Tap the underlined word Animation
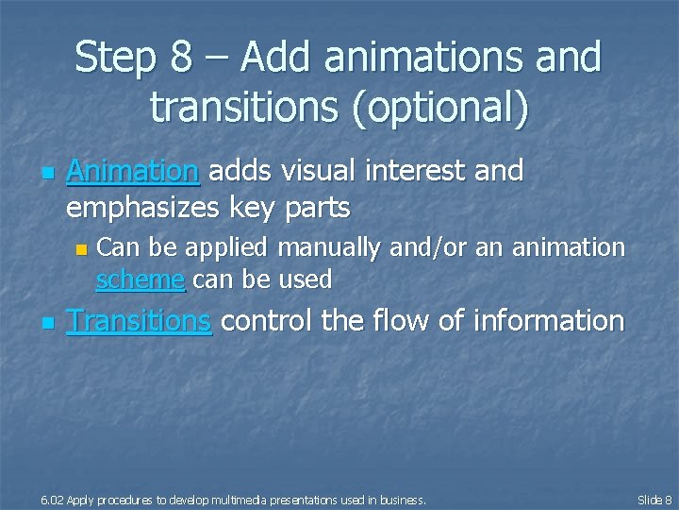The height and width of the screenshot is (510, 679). (132, 171)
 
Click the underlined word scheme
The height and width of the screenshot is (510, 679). (140, 280)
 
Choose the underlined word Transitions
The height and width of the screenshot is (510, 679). (139, 321)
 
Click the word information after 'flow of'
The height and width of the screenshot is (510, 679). (548, 321)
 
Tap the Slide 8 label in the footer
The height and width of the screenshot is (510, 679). (654, 499)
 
